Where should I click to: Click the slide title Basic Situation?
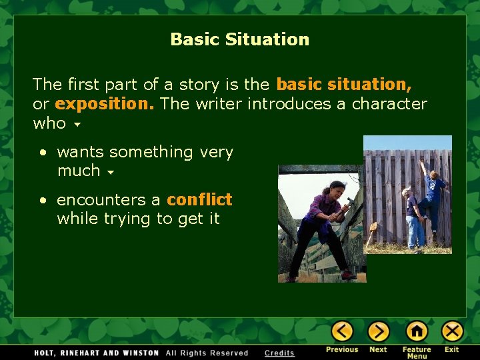[x=240, y=39]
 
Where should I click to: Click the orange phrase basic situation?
[x=343, y=85]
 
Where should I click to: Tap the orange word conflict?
[x=199, y=199]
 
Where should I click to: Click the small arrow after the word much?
[x=110, y=172]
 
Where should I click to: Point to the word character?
[x=389, y=104]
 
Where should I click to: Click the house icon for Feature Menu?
[x=417, y=331]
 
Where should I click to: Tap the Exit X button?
[x=452, y=331]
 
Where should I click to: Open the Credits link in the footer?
[x=279, y=353]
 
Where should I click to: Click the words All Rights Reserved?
[x=207, y=353]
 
